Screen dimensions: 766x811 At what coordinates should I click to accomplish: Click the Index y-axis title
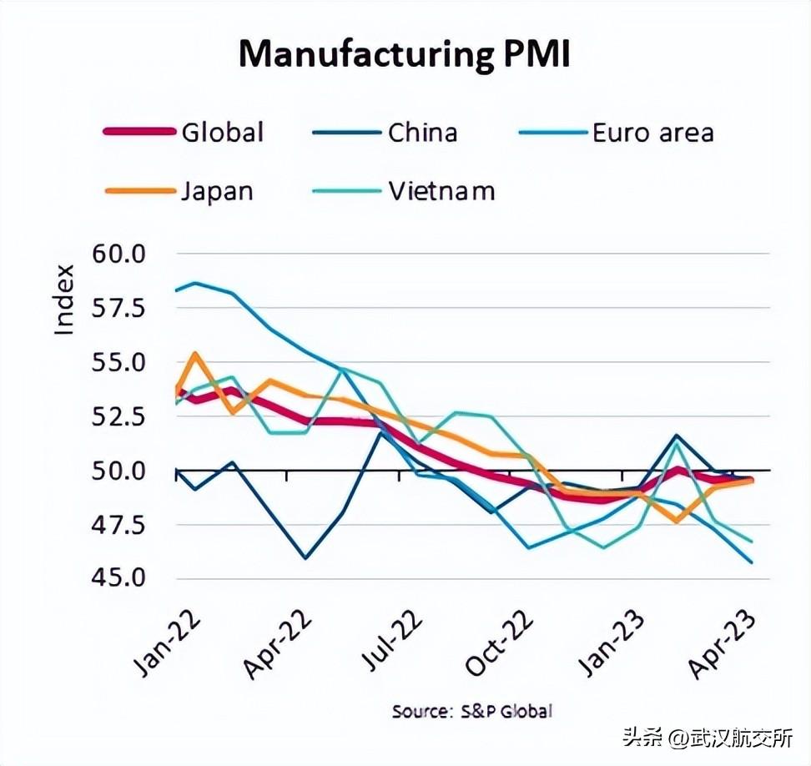[64, 300]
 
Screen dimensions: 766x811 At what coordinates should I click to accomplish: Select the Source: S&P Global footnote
[472, 712]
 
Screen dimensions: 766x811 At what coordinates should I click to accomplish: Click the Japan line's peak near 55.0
[194, 354]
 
